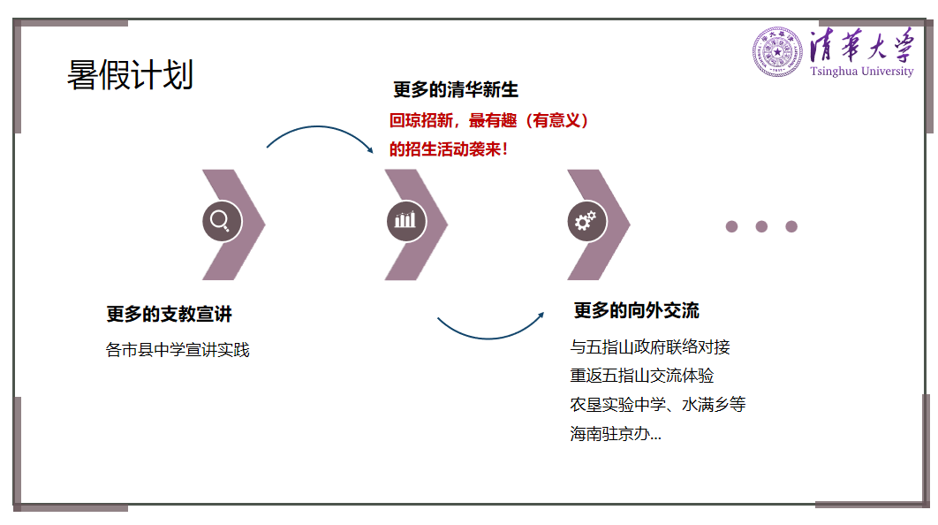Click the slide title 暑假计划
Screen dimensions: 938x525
pos(130,75)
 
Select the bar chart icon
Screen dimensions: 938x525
pos(405,221)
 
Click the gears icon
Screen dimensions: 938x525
pos(586,221)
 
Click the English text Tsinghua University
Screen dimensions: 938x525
pos(861,72)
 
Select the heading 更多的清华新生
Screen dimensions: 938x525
pos(455,89)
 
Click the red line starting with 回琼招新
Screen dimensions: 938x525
pos(488,120)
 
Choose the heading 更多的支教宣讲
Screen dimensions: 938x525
pos(169,315)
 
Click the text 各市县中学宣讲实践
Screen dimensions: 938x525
pos(178,350)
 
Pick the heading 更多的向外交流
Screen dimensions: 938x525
pos(636,310)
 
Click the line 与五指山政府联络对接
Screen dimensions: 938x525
pos(650,347)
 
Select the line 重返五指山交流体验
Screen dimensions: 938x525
pos(642,376)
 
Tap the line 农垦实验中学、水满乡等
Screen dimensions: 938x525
pos(658,405)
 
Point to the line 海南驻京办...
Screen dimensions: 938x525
pos(616,434)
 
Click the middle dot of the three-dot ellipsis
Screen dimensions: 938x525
pos(761,226)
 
